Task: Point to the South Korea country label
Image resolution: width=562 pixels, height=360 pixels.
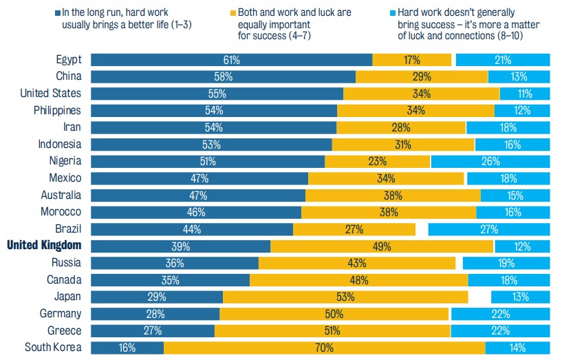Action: [x=53, y=348]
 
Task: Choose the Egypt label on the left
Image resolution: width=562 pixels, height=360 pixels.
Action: [x=69, y=60]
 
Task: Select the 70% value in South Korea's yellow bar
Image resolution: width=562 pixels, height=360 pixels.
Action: [x=324, y=348]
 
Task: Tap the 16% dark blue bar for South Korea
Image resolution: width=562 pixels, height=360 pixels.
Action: [x=127, y=348]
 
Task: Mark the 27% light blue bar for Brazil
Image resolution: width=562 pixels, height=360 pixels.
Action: [x=489, y=229]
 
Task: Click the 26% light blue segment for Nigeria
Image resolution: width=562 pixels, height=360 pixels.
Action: [x=490, y=162]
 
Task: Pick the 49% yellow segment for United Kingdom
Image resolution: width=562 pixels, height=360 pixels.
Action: [x=382, y=246]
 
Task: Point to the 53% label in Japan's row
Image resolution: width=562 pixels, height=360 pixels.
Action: [x=345, y=297]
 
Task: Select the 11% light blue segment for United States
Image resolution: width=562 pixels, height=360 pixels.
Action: [x=525, y=94]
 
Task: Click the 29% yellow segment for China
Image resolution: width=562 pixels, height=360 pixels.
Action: [x=422, y=76]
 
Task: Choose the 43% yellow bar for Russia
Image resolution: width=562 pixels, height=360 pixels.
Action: [x=357, y=263]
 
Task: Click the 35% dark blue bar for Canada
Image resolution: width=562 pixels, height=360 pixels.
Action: [x=170, y=280]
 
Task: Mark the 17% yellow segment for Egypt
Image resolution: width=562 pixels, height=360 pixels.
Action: [x=412, y=60]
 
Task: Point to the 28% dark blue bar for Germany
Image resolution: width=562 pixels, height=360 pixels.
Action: [x=155, y=314]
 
